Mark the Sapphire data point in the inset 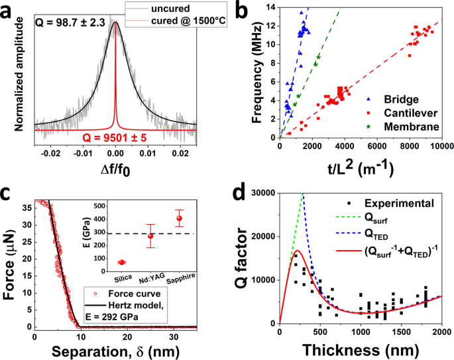coord(179,218)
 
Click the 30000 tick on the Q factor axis coord(262,193)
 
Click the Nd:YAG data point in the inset coord(150,235)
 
